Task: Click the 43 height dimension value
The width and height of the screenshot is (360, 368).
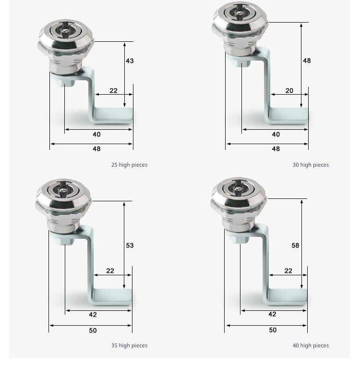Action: [x=130, y=61]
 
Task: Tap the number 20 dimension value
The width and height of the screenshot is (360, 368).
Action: [x=289, y=91]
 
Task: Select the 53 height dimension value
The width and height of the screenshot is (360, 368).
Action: [x=130, y=245]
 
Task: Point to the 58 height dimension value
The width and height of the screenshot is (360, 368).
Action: [x=295, y=245]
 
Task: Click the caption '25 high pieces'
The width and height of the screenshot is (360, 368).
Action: [x=129, y=165]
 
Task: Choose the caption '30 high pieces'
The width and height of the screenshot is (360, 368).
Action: [x=311, y=165]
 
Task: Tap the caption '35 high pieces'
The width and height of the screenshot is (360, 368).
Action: [x=129, y=345]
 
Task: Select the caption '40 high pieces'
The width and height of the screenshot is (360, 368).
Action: [x=311, y=345]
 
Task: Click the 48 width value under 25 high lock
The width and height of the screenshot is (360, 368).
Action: [x=96, y=149]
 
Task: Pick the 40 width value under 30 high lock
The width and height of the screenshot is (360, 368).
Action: [x=276, y=135]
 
